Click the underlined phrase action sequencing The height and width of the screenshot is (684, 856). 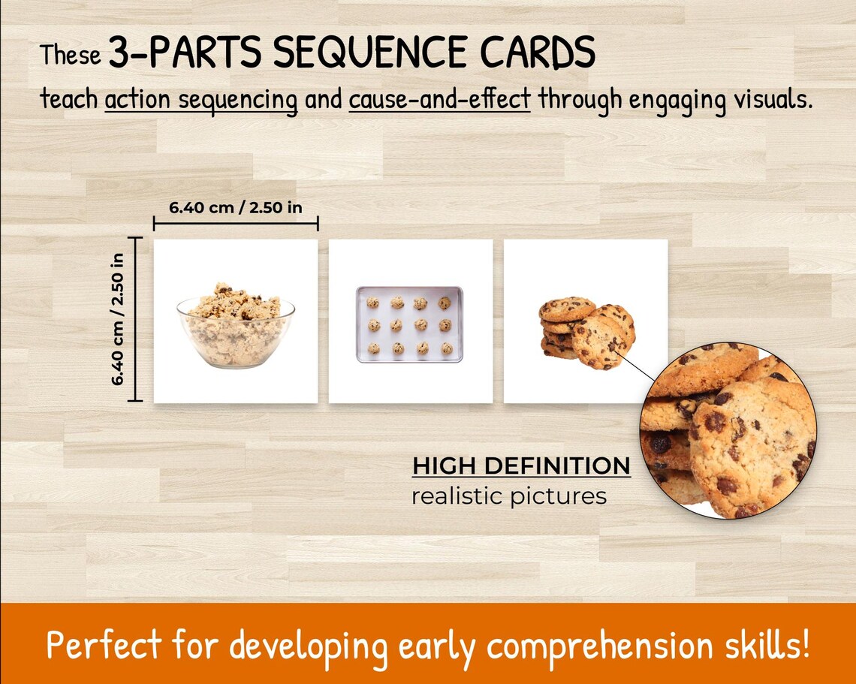(x=201, y=99)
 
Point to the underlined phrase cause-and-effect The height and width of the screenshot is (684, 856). (x=440, y=98)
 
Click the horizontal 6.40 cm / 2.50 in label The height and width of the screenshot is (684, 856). (x=235, y=207)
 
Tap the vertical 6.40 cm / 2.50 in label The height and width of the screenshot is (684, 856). (x=118, y=318)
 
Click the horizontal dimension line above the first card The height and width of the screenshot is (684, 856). (x=236, y=223)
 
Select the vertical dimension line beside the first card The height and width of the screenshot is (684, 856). (x=135, y=318)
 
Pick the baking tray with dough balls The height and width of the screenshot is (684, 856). (x=409, y=324)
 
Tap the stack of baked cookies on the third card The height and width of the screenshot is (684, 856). (x=586, y=333)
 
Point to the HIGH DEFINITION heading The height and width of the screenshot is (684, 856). (x=521, y=466)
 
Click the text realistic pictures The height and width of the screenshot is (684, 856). (x=508, y=496)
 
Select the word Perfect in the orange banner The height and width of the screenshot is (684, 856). (x=104, y=645)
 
